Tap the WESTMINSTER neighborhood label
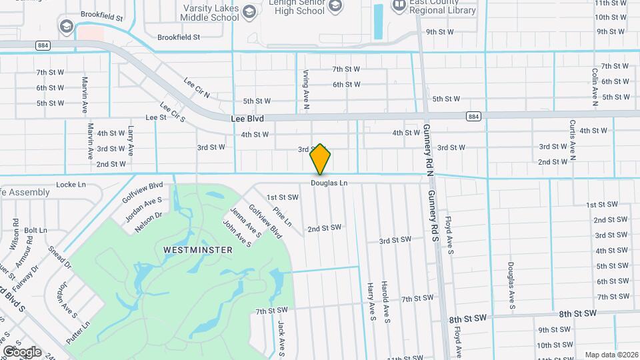198,250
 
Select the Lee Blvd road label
247,119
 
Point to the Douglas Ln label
329,183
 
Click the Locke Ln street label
71,184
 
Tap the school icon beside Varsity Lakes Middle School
249,11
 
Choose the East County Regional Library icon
399,6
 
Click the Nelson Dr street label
148,221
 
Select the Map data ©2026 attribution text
611,355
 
